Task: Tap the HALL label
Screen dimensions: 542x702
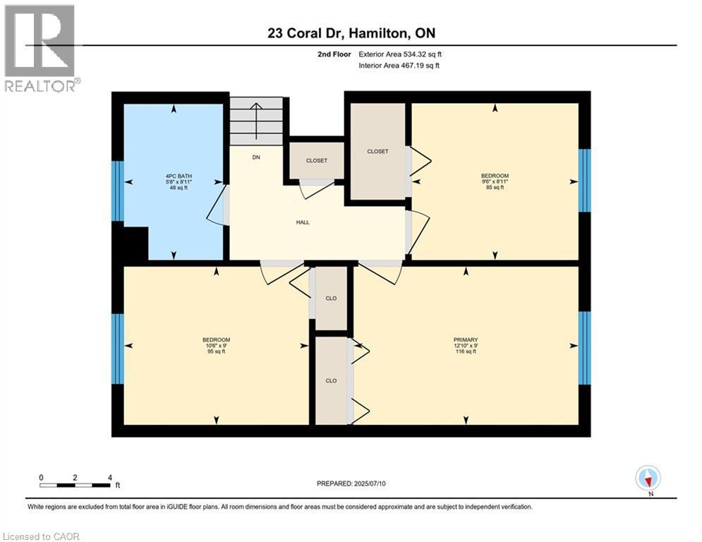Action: click(303, 222)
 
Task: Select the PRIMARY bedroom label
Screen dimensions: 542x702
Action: click(466, 340)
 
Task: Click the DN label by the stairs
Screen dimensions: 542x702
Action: click(256, 157)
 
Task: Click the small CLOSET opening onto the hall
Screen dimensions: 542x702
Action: click(316, 160)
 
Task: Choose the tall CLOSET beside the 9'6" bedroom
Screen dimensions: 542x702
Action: click(377, 152)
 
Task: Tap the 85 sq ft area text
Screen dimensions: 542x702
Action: click(495, 188)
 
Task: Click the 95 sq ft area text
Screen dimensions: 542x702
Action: click(216, 351)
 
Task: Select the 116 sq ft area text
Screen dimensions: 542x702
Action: click(466, 351)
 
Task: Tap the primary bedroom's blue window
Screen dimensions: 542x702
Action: click(583, 347)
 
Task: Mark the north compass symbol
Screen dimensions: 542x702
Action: click(647, 478)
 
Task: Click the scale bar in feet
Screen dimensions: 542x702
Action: click(75, 485)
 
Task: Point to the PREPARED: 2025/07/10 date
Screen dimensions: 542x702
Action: click(352, 483)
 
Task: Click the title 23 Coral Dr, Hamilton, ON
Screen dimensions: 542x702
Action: click(351, 32)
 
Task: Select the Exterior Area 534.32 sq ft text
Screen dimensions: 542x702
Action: click(400, 54)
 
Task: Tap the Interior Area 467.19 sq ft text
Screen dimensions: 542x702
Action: click(400, 66)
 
